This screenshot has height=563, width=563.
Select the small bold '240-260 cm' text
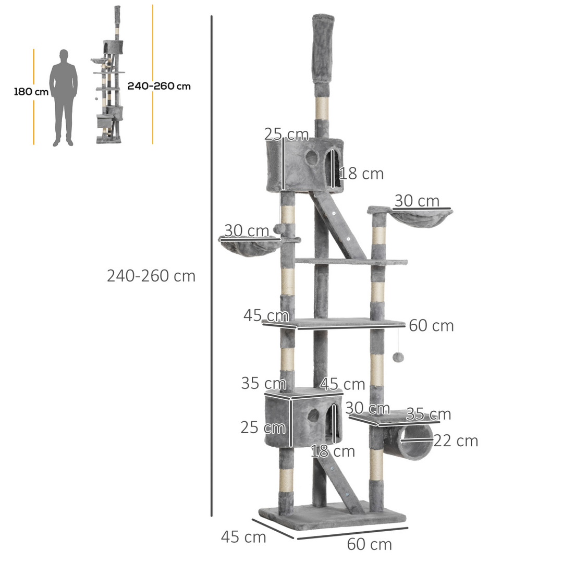(x=159, y=87)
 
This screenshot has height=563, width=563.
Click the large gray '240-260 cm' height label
(x=151, y=276)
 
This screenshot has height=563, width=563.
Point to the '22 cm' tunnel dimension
(x=456, y=441)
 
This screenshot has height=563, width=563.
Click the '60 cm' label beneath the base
(x=369, y=544)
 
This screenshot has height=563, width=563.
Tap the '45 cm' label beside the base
(x=243, y=537)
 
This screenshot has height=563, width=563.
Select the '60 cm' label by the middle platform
(x=431, y=326)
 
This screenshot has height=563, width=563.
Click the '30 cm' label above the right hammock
(x=417, y=201)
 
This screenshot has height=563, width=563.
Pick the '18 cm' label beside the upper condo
(x=361, y=174)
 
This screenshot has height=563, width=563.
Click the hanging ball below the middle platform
(x=397, y=357)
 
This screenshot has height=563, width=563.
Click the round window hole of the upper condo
(x=312, y=157)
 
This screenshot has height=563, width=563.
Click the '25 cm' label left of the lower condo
(x=263, y=427)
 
